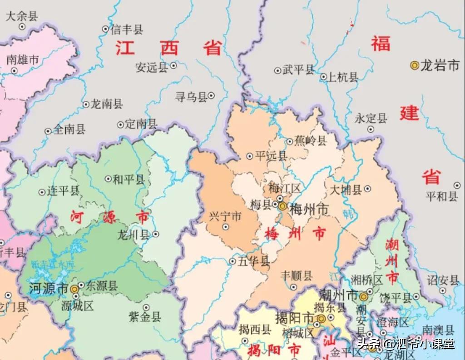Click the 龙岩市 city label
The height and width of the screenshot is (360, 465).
click(x=440, y=65)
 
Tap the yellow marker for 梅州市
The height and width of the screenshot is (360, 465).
click(x=283, y=206)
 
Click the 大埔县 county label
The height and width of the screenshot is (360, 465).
click(x=346, y=189)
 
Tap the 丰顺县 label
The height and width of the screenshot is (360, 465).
click(x=297, y=275)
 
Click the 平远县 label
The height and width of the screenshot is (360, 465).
click(x=271, y=156)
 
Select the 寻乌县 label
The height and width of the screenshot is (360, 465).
click(x=191, y=96)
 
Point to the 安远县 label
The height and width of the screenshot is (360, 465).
click(x=152, y=68)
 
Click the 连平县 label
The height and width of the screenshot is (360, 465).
click(x=63, y=191)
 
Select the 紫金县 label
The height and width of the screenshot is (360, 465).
click(x=145, y=317)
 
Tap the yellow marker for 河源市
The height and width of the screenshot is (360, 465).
click(x=75, y=287)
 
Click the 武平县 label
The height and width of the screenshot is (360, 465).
click(x=298, y=70)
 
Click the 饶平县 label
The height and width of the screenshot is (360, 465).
click(x=396, y=298)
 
